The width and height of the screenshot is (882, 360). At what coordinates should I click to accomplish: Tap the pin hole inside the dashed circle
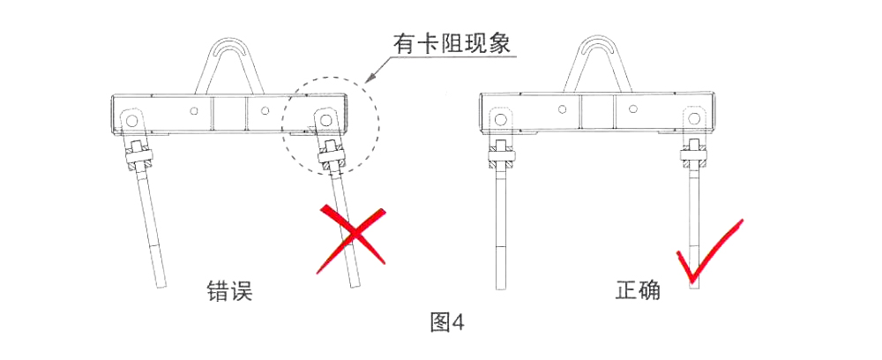(325, 119)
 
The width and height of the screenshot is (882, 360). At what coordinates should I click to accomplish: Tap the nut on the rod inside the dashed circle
(332, 159)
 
